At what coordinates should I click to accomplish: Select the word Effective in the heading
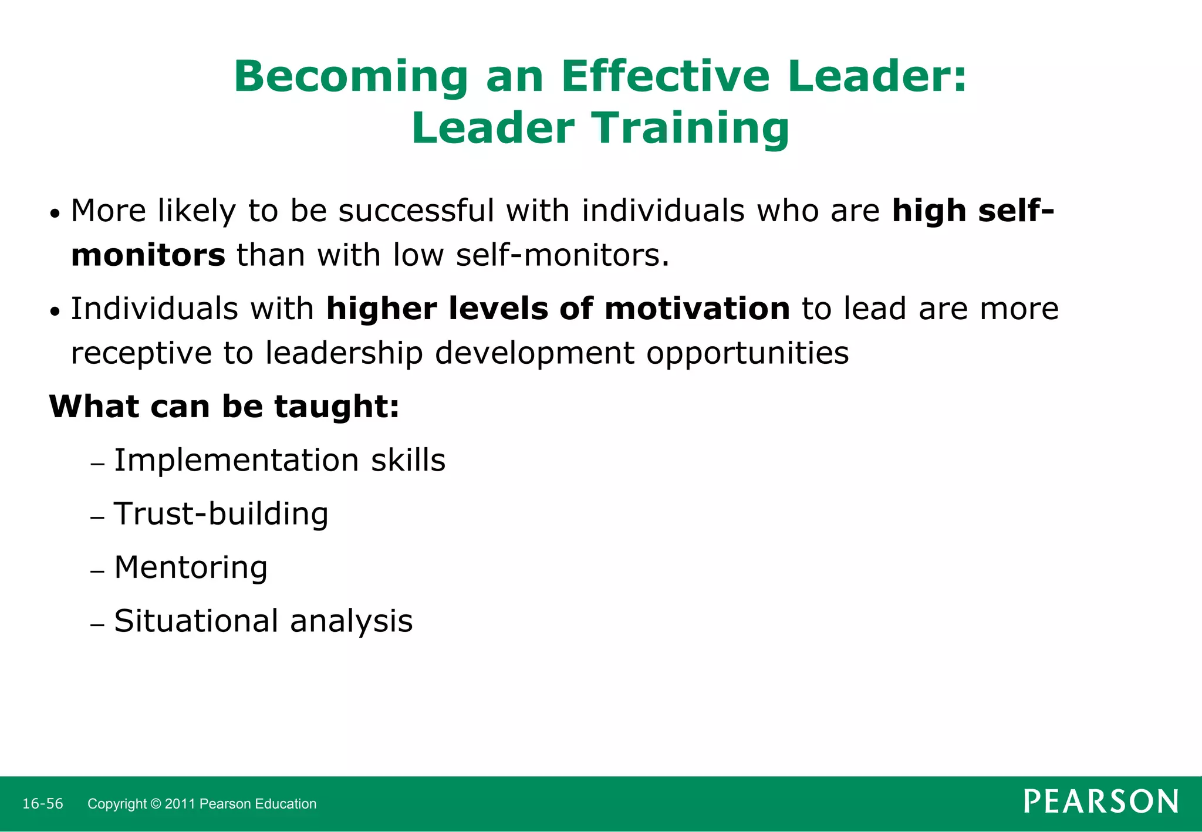(665, 77)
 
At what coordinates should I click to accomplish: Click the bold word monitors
(148, 256)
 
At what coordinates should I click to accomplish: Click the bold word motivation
(697, 309)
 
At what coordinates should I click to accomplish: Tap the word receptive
(141, 354)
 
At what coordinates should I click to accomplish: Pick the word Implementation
(236, 461)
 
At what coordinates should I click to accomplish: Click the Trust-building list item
(221, 515)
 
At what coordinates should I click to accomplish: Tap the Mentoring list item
(191, 568)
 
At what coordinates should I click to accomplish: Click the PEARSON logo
(1100, 802)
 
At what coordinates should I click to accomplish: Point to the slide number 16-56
(42, 804)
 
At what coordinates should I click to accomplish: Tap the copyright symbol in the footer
(156, 804)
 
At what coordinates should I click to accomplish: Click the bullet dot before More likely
(55, 215)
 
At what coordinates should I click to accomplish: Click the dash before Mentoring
(97, 571)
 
